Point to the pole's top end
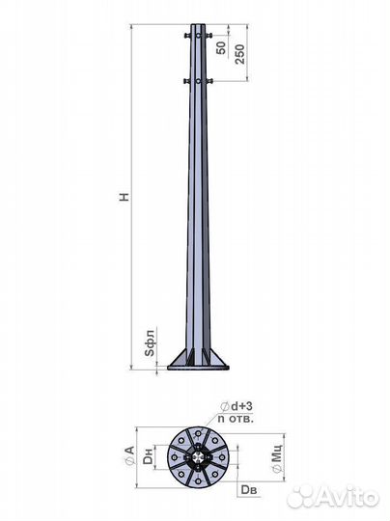click(x=197, y=26)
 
